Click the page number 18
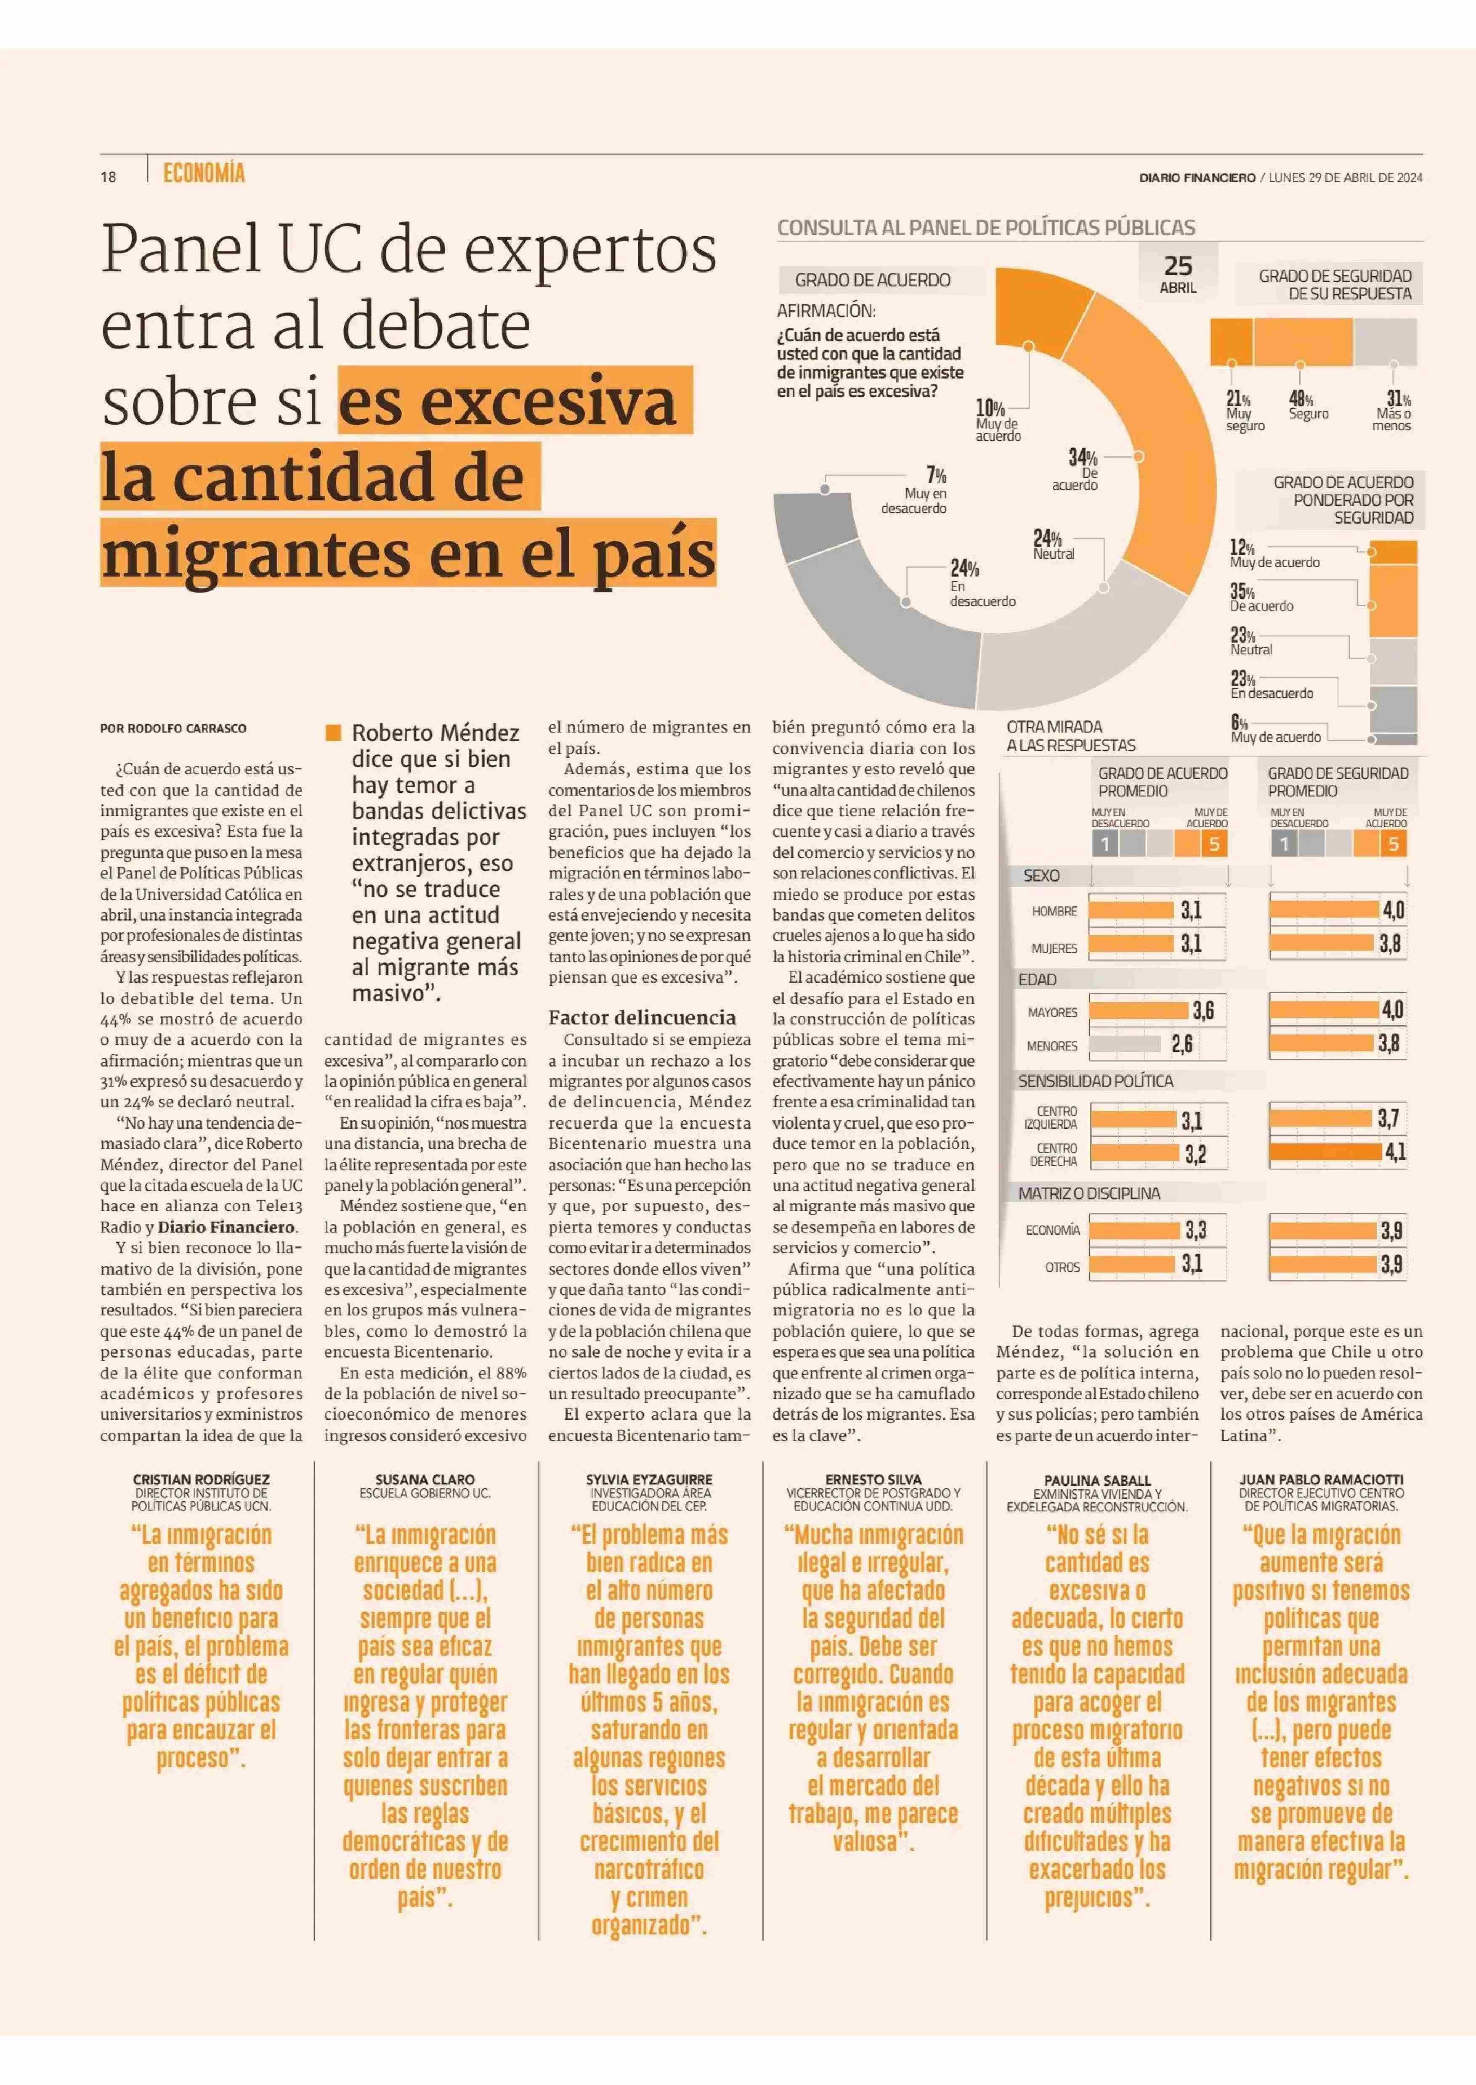click(x=108, y=177)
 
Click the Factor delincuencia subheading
click(x=642, y=1018)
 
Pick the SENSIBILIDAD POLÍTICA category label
click(x=1095, y=1081)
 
